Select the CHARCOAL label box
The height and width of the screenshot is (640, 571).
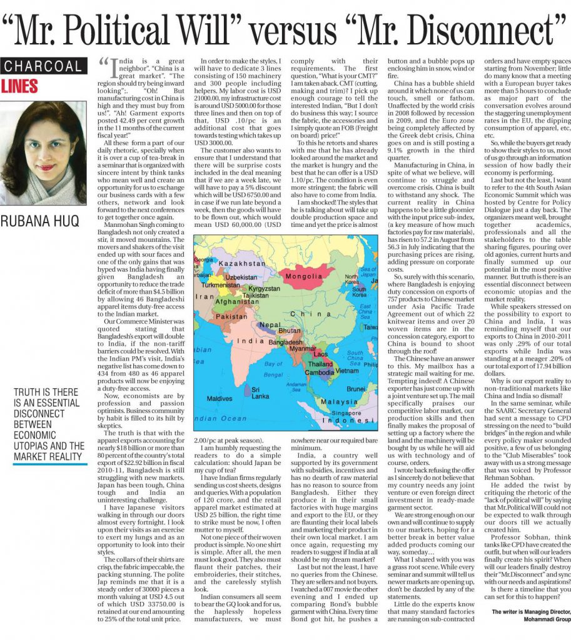click(x=43, y=66)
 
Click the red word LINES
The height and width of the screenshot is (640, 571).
click(x=19, y=86)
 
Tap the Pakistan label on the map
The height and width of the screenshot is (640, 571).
click(x=231, y=317)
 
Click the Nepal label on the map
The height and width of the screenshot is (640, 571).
click(x=270, y=326)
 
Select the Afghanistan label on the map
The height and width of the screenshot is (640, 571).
click(x=233, y=302)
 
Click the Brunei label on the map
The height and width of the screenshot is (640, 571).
click(x=356, y=389)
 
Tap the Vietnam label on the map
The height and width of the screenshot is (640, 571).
click(x=347, y=371)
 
